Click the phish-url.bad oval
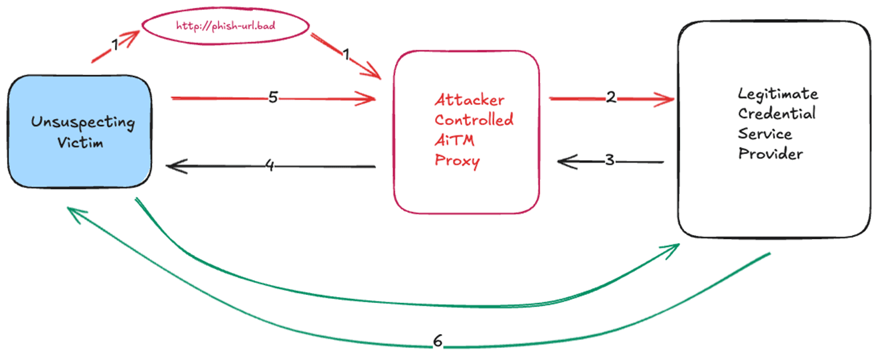click(x=226, y=26)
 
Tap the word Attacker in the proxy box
click(x=470, y=100)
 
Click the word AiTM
click(x=455, y=141)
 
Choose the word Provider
click(x=770, y=154)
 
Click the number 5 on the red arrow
click(x=273, y=98)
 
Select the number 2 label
click(x=612, y=98)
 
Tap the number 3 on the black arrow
click(x=610, y=161)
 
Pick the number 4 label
click(x=270, y=165)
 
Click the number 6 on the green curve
click(x=437, y=341)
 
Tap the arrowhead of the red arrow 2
click(x=669, y=100)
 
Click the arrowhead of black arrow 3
click(x=562, y=161)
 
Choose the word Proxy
click(x=457, y=161)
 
